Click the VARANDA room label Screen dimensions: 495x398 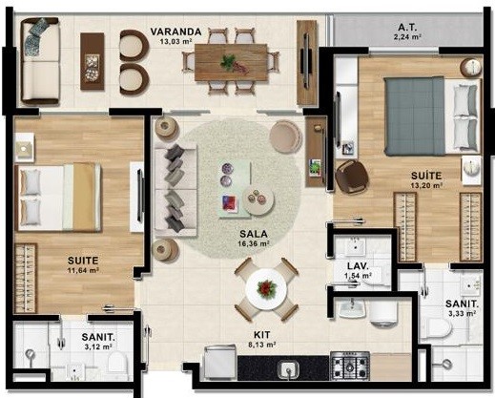175,31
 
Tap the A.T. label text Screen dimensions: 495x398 407,27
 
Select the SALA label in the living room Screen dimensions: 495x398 254,234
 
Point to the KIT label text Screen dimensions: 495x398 262,335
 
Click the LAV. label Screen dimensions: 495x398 358,266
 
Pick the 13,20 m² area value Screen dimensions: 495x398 427,185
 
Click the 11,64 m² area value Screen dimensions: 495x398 82,270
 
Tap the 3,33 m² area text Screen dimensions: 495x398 462,314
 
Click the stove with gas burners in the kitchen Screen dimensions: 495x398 350,366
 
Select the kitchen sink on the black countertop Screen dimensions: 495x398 288,370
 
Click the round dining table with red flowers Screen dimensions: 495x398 266,289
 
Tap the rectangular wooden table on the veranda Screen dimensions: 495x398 231,62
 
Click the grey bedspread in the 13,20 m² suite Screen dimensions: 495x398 415,115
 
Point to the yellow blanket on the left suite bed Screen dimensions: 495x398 84,197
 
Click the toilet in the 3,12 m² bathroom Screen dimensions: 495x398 117,362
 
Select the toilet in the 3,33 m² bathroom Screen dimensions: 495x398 436,328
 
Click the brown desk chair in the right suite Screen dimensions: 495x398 352,176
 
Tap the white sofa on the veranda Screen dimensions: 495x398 40,61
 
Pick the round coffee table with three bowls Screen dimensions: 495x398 258,199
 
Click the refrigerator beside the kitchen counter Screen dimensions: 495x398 220,363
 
